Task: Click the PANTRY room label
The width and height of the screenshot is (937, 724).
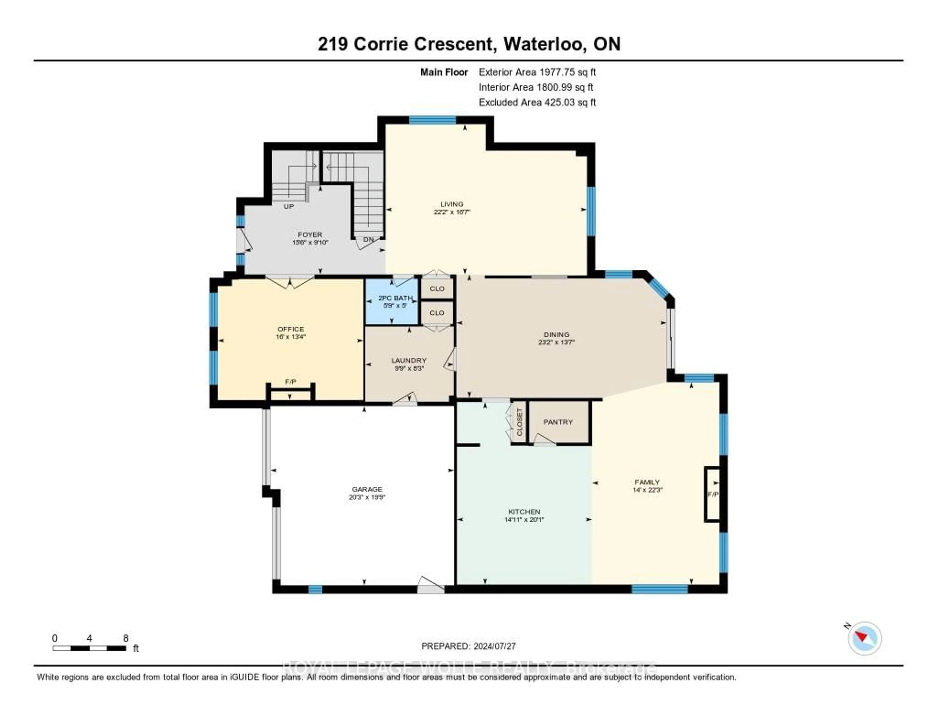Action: coord(558,422)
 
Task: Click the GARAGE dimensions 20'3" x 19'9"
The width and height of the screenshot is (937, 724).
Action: coord(367,497)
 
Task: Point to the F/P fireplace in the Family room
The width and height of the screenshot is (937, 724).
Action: coord(713,494)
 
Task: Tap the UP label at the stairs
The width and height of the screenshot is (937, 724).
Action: coord(289,207)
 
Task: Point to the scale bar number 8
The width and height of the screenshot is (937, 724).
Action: coord(126,638)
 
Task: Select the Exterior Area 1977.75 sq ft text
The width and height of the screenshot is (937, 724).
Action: coord(537,72)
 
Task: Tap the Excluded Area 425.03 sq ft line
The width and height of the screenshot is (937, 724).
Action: coord(537,102)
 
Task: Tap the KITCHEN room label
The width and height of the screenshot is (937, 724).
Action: coord(524,512)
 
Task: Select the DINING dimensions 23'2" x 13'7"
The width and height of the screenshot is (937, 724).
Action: coord(556,342)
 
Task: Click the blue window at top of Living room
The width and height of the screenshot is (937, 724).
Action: coord(432,120)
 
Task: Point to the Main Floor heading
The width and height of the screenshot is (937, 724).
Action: coord(444,72)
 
